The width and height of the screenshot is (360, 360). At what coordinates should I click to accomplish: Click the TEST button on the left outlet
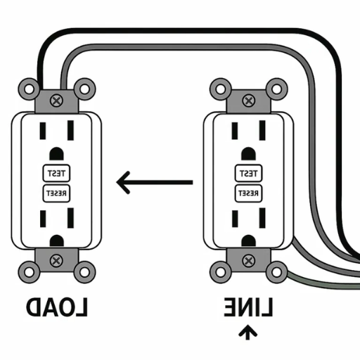point(55,173)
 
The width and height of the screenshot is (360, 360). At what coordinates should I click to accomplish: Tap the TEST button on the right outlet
point(248,173)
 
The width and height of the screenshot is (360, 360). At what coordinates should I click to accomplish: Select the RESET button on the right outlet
point(248,193)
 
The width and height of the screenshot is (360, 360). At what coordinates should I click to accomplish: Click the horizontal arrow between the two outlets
point(154,183)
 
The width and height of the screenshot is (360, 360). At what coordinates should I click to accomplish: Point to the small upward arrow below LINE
point(246,333)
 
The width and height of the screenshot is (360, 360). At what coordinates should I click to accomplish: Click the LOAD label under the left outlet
point(57,307)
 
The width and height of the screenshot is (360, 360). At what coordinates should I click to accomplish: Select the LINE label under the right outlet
point(248,307)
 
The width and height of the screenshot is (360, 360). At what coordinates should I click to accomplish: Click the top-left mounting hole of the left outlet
point(29,89)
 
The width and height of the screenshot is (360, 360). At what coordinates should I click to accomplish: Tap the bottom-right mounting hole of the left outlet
point(84,271)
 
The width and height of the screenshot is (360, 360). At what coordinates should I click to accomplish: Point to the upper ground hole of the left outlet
point(56,153)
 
